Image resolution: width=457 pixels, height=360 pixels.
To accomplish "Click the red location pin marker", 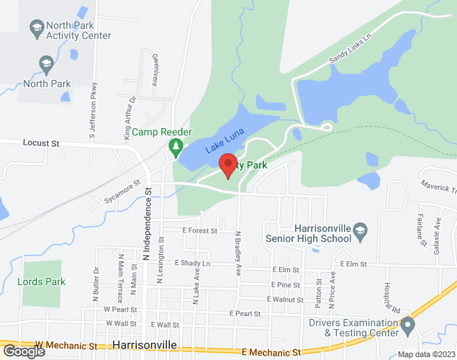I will coord(228,166).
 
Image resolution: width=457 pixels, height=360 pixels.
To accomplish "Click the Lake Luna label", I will coord(225,140).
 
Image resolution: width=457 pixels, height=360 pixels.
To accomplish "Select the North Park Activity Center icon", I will coord(36,28).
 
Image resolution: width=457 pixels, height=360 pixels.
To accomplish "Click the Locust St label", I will coord(40,143).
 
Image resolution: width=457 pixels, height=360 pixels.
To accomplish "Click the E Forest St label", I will coord(199,230).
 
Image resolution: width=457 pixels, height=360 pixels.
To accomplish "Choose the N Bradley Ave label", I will coord(237,253).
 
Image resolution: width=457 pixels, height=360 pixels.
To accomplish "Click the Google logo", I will coord(24,351).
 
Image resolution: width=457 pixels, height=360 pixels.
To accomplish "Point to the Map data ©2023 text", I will coord(427,354).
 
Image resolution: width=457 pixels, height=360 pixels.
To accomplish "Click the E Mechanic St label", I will coord(271,352).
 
